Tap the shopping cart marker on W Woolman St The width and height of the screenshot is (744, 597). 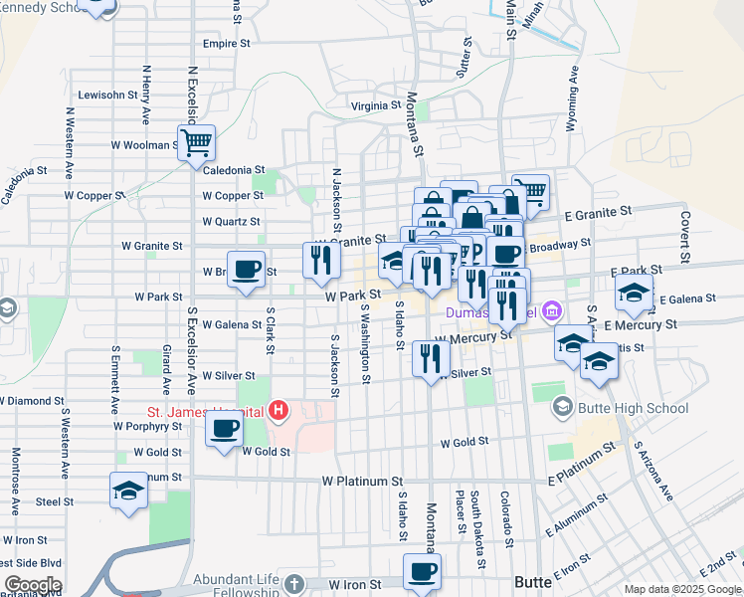[x=196, y=141]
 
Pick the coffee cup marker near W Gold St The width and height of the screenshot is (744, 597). [x=224, y=429]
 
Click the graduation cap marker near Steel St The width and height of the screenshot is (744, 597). [x=127, y=491]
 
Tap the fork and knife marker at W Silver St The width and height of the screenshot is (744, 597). [x=430, y=357]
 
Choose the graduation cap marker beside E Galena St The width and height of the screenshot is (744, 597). [x=633, y=293]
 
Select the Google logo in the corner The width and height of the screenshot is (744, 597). [x=33, y=585]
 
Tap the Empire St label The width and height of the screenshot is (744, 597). [x=226, y=44]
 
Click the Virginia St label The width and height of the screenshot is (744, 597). [x=374, y=105]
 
